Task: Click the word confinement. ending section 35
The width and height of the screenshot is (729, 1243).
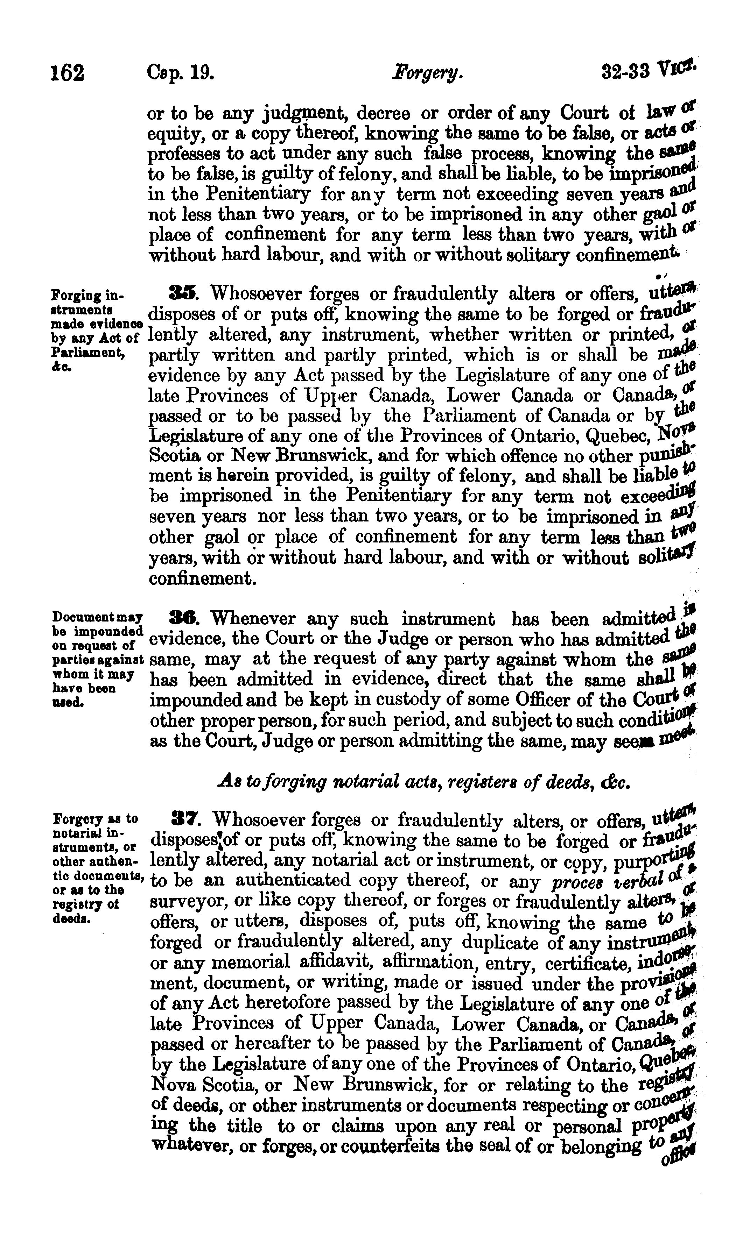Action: [202, 578]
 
